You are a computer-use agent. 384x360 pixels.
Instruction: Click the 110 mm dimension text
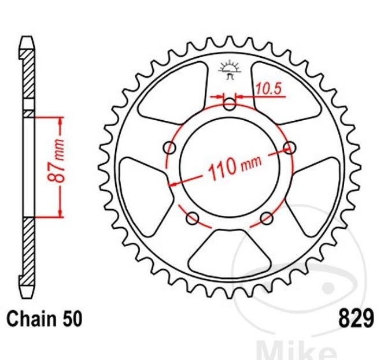pyautogui.click(x=235, y=166)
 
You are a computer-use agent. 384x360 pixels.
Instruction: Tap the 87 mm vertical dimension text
pyautogui.click(x=56, y=161)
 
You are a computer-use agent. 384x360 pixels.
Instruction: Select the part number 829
pyautogui.click(x=356, y=318)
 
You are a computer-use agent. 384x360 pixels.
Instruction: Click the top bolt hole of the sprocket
pyautogui.click(x=230, y=104)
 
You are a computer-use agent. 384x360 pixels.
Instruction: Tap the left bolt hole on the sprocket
pyautogui.click(x=169, y=147)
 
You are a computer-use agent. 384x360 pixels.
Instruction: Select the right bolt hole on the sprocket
pyautogui.click(x=290, y=147)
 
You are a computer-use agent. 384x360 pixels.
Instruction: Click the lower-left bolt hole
pyautogui.click(x=193, y=218)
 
